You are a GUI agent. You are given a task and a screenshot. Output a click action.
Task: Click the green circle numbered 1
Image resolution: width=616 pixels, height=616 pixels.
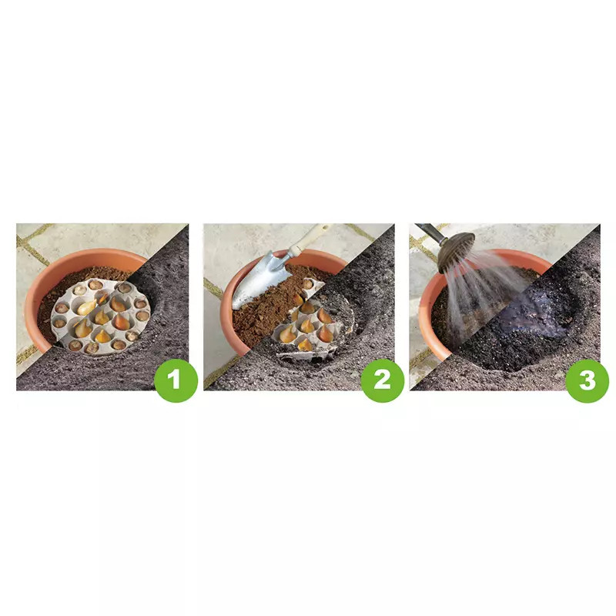[176, 380]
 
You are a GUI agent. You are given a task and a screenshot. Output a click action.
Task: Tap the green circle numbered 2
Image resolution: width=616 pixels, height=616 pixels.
[382, 380]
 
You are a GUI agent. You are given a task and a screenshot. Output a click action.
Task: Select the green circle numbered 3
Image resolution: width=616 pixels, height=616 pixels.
[588, 380]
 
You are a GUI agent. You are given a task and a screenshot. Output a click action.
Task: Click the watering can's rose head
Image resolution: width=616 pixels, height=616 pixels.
[456, 253]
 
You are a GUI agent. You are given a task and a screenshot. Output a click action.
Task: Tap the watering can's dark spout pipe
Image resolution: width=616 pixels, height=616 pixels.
[430, 233]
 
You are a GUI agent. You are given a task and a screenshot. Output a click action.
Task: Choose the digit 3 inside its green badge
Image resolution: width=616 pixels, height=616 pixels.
[588, 380]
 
